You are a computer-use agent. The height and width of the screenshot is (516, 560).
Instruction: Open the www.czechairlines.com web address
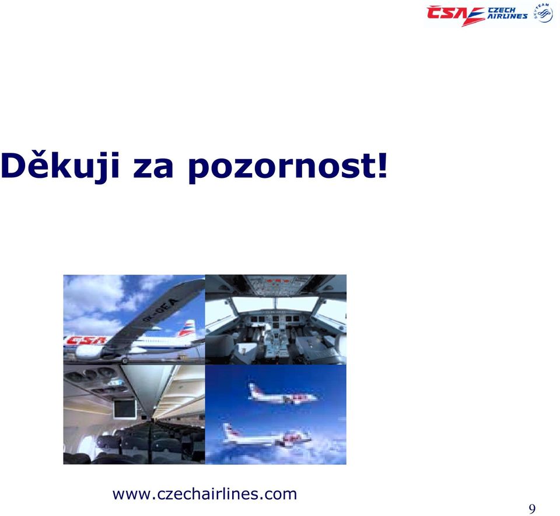(205, 494)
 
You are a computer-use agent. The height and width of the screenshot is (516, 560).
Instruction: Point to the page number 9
(532, 509)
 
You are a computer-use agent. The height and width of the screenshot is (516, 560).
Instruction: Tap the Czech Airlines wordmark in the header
(508, 13)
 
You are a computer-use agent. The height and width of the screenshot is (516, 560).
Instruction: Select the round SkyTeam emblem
(543, 13)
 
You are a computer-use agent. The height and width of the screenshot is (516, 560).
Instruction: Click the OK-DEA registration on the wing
(161, 310)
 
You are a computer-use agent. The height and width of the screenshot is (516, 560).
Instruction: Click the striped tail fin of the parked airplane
(187, 328)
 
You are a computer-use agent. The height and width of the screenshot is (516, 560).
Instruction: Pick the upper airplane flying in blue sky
(282, 394)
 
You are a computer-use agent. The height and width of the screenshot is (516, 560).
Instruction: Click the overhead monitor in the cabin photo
(125, 409)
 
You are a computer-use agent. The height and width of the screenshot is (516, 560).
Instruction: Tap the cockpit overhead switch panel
(276, 286)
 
